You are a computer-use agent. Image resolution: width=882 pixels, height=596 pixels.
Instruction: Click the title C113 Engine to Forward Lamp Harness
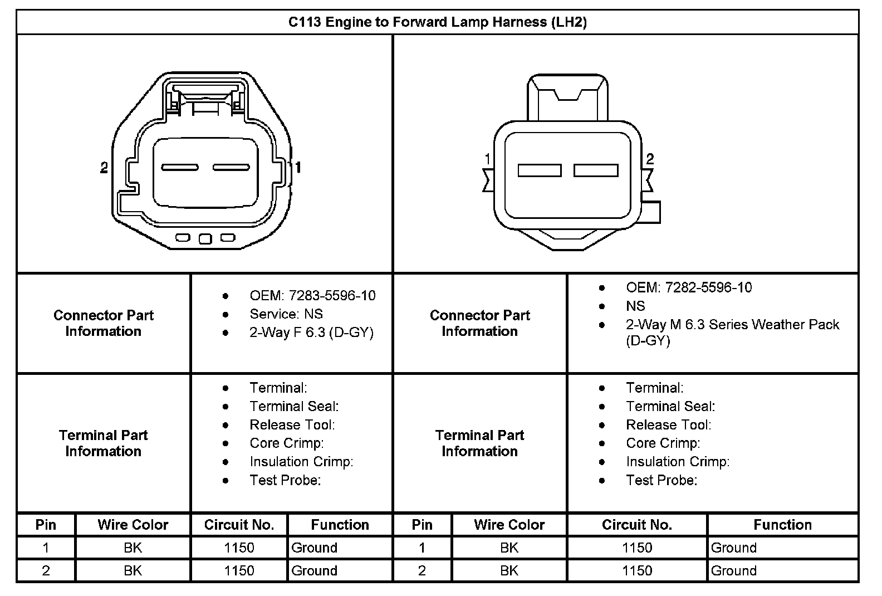(x=438, y=22)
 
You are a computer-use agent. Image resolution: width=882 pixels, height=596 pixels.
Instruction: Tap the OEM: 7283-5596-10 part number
(x=312, y=296)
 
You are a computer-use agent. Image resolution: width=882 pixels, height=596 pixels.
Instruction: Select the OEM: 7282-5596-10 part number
(x=688, y=287)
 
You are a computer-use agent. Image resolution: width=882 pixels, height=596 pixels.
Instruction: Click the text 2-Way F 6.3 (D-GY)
(x=311, y=333)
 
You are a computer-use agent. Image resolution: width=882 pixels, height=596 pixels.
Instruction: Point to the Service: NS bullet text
(x=286, y=314)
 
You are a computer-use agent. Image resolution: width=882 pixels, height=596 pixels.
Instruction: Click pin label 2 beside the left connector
(x=104, y=167)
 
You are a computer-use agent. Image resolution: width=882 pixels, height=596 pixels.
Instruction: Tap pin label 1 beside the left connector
(x=298, y=167)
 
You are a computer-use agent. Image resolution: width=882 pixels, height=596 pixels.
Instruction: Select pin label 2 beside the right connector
(x=650, y=159)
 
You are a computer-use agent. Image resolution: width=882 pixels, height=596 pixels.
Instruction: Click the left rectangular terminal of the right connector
(x=539, y=170)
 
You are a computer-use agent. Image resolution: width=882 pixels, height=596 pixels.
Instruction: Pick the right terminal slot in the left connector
(x=231, y=168)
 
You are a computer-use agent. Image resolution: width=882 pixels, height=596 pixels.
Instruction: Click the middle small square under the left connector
(x=205, y=239)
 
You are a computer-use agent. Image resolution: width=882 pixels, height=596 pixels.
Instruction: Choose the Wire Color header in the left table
(x=133, y=525)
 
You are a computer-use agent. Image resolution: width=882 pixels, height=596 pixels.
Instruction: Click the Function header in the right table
(x=782, y=525)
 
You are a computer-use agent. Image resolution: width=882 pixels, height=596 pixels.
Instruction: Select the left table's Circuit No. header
(x=239, y=525)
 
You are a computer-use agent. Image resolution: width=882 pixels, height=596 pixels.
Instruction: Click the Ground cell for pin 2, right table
(x=733, y=570)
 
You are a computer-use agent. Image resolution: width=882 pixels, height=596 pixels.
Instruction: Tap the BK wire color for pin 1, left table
(x=133, y=548)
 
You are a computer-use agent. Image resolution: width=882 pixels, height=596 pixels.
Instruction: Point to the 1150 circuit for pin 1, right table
(x=636, y=548)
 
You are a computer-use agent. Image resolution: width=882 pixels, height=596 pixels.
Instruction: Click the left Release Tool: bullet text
(x=292, y=425)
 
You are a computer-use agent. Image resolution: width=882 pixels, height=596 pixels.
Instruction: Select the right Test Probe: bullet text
(x=661, y=480)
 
